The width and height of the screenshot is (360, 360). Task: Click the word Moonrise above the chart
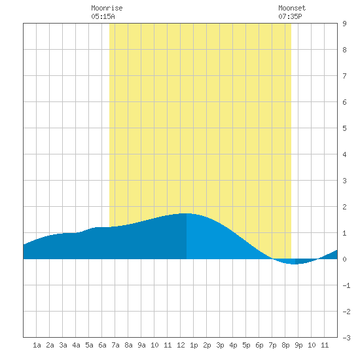click(x=107, y=8)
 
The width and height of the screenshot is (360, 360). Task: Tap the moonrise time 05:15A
click(x=103, y=16)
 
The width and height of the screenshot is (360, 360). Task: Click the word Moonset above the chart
click(x=292, y=8)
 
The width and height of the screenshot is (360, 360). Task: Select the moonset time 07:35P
click(x=290, y=16)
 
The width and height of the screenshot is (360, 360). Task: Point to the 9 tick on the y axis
click(x=344, y=24)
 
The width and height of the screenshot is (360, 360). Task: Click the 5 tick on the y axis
click(x=344, y=128)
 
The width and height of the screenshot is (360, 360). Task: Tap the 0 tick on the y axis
click(x=344, y=259)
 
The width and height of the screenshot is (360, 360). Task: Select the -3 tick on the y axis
click(x=346, y=338)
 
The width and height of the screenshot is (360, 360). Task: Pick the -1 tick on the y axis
click(x=346, y=285)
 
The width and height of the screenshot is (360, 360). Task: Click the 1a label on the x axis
click(x=37, y=345)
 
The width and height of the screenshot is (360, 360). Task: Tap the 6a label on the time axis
click(x=102, y=345)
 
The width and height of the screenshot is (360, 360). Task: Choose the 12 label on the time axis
click(x=181, y=345)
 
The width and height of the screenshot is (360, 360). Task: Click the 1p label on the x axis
click(x=194, y=345)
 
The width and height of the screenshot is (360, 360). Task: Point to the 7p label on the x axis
click(x=272, y=345)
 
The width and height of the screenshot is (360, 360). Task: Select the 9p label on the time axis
click(x=298, y=345)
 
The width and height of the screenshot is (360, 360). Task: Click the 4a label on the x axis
click(x=76, y=345)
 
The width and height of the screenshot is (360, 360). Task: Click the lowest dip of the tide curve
click(x=295, y=264)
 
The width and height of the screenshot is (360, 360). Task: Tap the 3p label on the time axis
click(x=220, y=345)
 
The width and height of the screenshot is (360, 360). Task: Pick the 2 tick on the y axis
click(x=344, y=207)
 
